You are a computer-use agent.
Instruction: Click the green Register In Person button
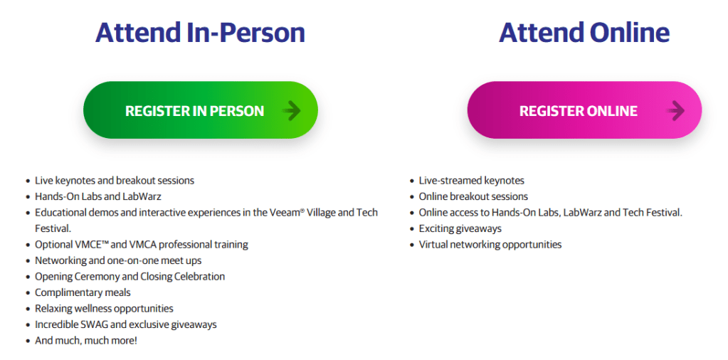(201, 110)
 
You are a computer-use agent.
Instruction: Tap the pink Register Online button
(584, 110)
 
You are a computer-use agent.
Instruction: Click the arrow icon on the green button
(292, 111)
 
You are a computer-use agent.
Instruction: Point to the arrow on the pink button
(675, 111)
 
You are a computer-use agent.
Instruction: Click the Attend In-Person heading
(200, 33)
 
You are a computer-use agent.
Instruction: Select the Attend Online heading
(584, 33)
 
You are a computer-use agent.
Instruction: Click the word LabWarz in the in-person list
(142, 196)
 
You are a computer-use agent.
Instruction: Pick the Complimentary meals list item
(83, 292)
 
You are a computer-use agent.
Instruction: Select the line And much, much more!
(86, 341)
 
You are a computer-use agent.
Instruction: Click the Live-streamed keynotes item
(472, 181)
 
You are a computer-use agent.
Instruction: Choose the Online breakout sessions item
(473, 196)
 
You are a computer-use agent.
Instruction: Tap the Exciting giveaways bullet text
(460, 228)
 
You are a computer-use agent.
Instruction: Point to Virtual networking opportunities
(490, 245)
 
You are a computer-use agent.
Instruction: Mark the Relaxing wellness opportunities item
(104, 309)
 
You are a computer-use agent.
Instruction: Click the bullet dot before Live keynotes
(28, 181)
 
